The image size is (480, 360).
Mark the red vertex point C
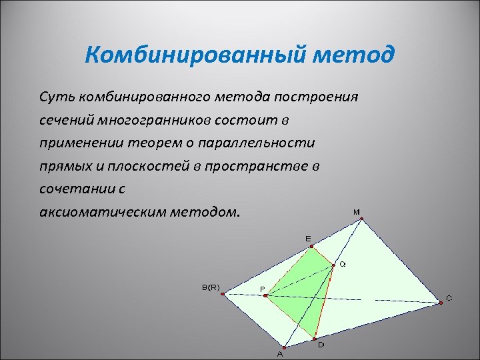[x=441, y=303]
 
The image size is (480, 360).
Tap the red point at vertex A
[x=285, y=347]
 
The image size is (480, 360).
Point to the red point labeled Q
[x=333, y=265]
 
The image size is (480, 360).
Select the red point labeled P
[x=267, y=296]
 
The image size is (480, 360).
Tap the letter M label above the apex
[x=357, y=212]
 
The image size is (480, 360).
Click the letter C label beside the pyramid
[x=449, y=298]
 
